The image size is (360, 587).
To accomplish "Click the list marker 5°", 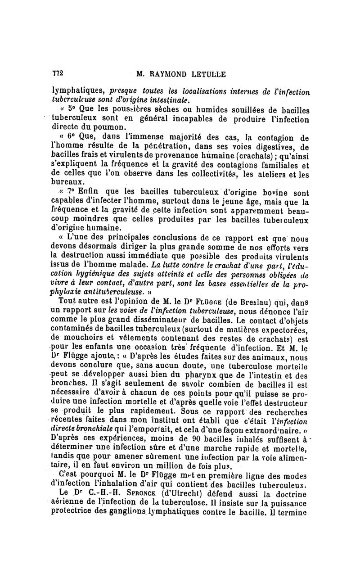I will (72, 110).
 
